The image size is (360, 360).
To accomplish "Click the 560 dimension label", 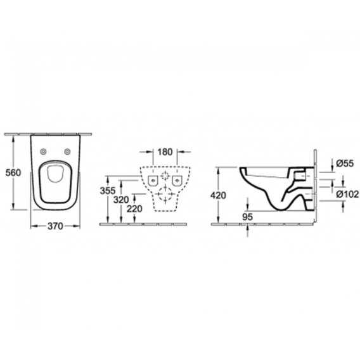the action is [13, 172].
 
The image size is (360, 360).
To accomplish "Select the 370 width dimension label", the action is [55, 226].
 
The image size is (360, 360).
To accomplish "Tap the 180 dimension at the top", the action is [165, 152].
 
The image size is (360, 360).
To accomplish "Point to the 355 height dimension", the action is [108, 191].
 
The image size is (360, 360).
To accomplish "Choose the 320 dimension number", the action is [121, 200].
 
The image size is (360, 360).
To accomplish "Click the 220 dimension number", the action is [134, 209].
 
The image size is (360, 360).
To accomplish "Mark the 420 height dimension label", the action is [218, 195].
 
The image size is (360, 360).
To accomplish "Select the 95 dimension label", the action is [247, 217].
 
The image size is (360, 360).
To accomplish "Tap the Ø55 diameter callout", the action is [345, 164].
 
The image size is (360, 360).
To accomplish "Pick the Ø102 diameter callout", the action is [347, 194].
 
